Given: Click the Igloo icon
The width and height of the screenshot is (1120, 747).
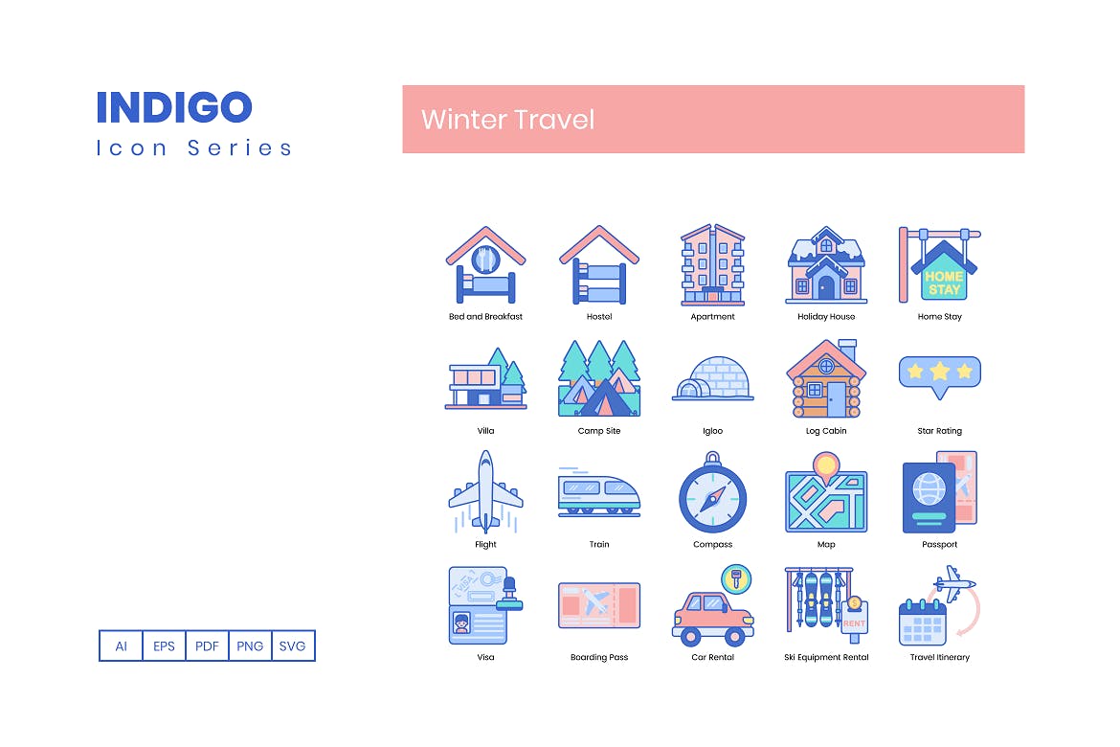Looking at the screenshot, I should [713, 380].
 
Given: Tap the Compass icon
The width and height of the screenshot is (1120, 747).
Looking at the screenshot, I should [713, 497].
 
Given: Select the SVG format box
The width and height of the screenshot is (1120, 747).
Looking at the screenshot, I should [293, 645].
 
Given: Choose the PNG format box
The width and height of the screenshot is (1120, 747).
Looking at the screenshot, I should [250, 645].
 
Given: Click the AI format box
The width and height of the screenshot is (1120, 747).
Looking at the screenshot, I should [122, 645].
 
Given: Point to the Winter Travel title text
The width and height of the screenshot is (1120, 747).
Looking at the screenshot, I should [507, 120].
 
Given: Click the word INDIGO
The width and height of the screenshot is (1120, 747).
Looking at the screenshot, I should [174, 107].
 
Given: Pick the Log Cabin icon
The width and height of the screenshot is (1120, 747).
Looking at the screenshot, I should [826, 380].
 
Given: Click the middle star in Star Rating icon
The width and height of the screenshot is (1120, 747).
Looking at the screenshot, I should [940, 371].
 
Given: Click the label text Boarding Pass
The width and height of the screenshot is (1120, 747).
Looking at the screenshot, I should [599, 658].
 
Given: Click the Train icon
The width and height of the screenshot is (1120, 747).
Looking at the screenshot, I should [599, 493].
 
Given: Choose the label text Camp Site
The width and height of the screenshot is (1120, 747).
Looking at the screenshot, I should [599, 431].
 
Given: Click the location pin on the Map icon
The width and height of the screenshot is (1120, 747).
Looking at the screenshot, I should [825, 465].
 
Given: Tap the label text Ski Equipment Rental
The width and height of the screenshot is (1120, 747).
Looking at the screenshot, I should [826, 658].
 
